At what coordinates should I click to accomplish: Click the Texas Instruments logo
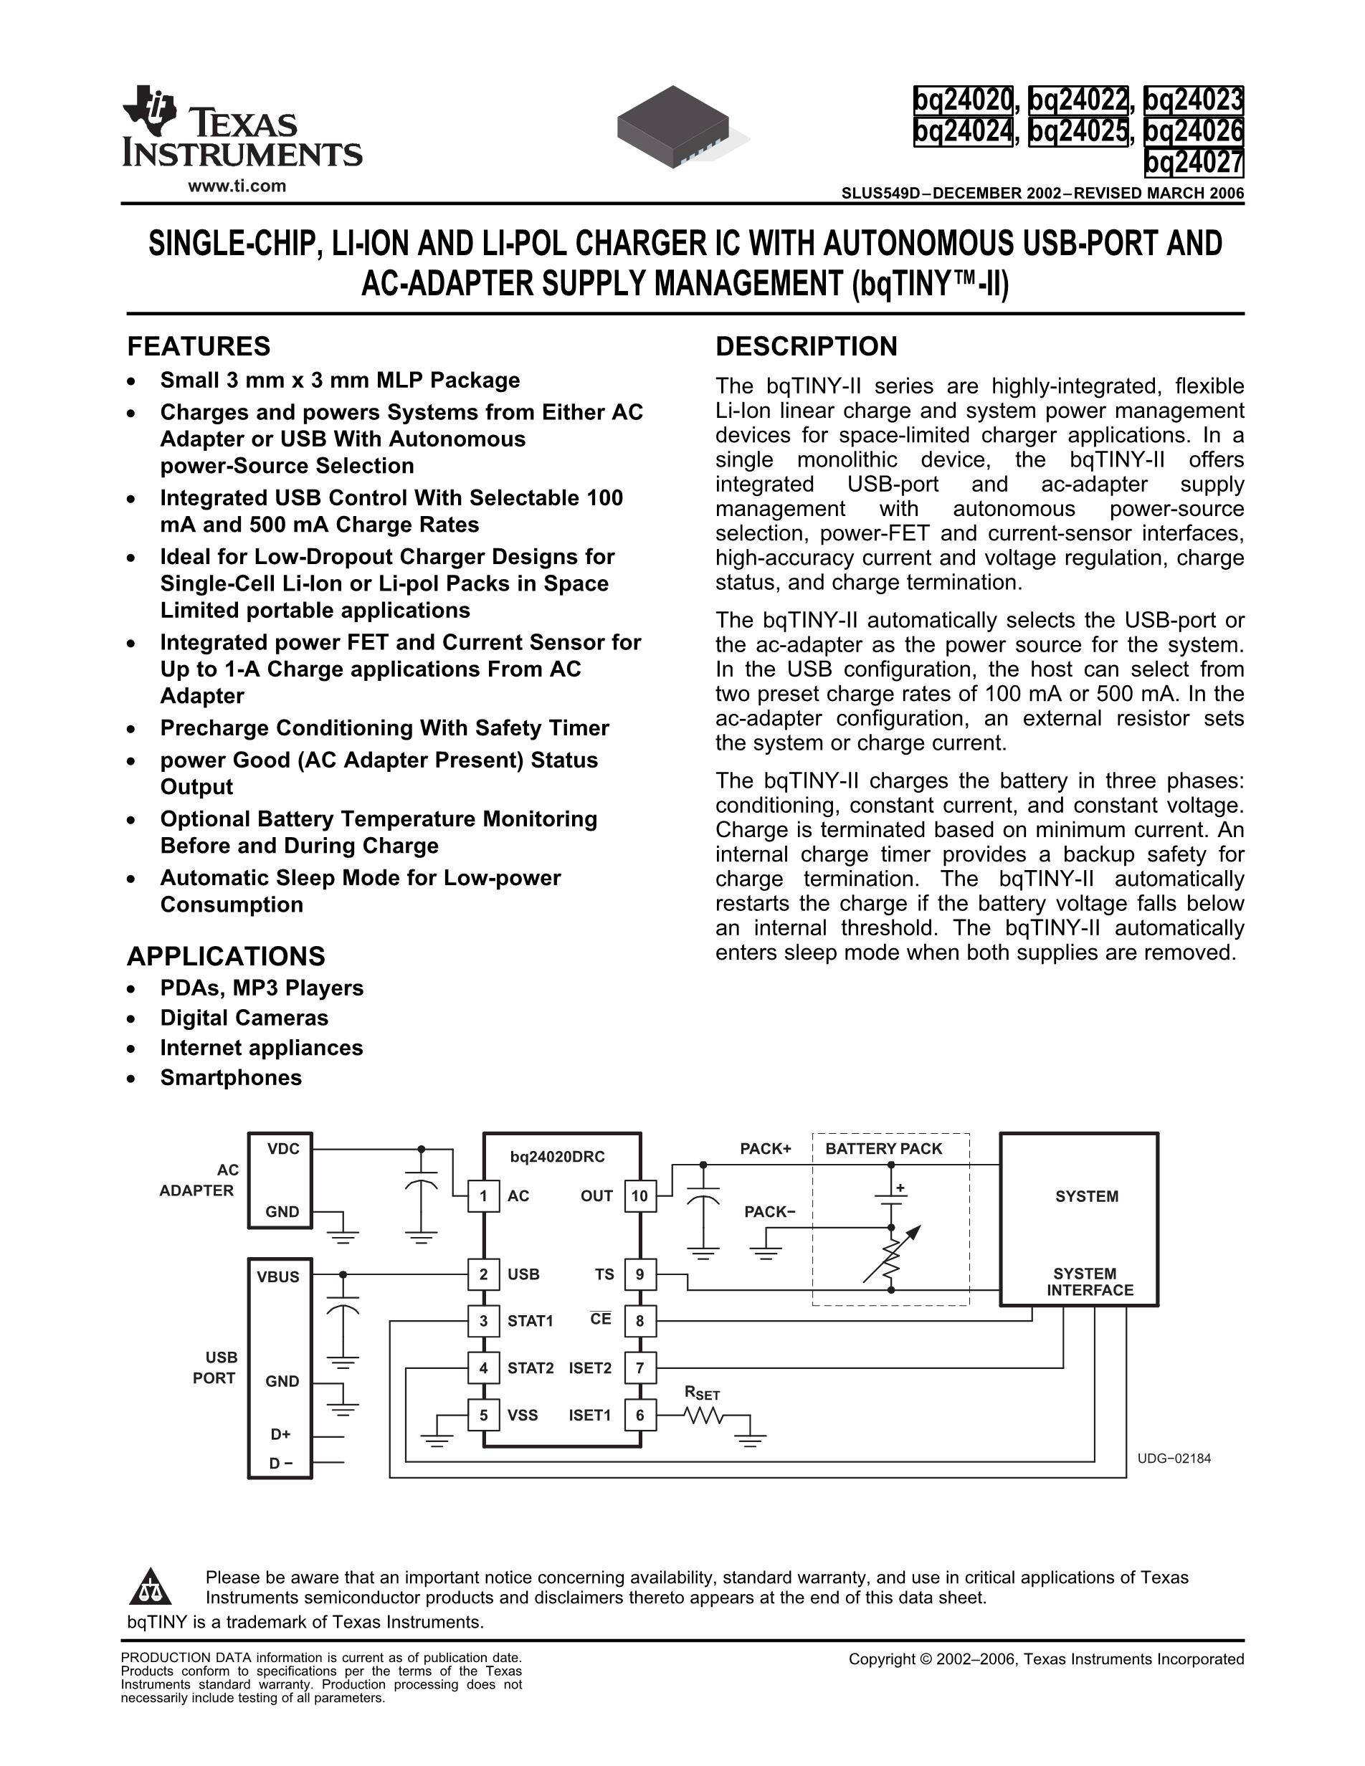click(x=241, y=127)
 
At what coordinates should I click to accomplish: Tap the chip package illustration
click(x=674, y=128)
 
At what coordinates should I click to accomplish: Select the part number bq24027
click(x=1194, y=163)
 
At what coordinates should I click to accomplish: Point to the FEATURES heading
click(x=199, y=346)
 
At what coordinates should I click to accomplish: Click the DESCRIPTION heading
click(x=807, y=346)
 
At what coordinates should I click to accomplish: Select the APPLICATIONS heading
click(x=226, y=956)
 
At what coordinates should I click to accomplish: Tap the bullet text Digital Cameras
click(x=244, y=1017)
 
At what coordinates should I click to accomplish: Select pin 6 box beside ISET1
click(x=639, y=1415)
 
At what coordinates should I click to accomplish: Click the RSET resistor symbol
click(x=703, y=1415)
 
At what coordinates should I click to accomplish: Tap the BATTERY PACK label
click(x=883, y=1148)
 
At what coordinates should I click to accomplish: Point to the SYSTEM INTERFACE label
click(x=1089, y=1281)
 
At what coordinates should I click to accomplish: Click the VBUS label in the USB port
click(x=278, y=1276)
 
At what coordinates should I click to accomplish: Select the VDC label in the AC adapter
click(x=283, y=1149)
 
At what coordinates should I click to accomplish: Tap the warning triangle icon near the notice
click(x=151, y=1588)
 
